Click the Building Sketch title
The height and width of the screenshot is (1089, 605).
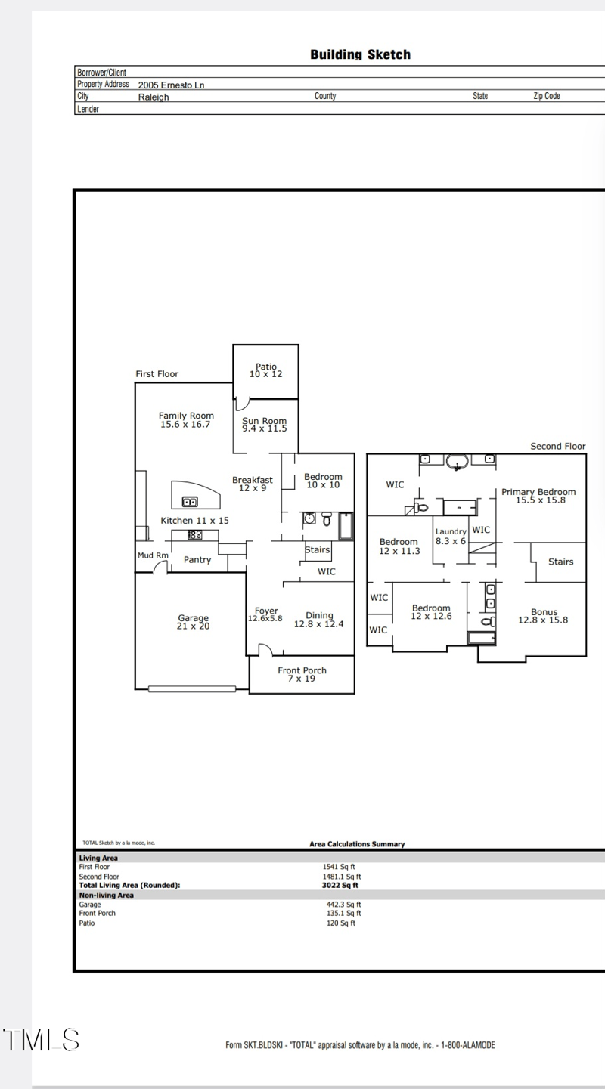(x=360, y=55)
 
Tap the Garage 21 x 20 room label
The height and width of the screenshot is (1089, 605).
(x=193, y=622)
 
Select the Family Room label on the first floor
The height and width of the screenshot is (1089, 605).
(x=186, y=420)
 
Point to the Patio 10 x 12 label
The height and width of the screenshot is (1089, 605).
(x=265, y=370)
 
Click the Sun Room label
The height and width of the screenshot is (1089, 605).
(x=264, y=425)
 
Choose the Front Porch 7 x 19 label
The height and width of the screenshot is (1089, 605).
(x=302, y=674)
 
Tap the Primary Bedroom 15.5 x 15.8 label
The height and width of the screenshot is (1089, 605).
(x=538, y=496)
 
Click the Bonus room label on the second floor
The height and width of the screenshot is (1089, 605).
(x=543, y=616)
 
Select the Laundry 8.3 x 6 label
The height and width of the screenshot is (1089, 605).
(x=451, y=537)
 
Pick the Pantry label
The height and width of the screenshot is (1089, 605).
(x=197, y=560)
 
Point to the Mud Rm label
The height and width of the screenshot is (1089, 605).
(x=152, y=555)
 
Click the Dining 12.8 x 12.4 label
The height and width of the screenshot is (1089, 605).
(x=319, y=620)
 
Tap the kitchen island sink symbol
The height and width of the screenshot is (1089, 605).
(x=190, y=501)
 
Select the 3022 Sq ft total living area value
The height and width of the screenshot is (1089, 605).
(x=340, y=885)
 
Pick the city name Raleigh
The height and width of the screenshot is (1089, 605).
(x=154, y=97)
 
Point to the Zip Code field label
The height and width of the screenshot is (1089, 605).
(x=547, y=96)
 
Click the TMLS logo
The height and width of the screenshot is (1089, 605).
(x=41, y=1040)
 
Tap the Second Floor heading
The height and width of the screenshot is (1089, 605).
(x=557, y=447)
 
